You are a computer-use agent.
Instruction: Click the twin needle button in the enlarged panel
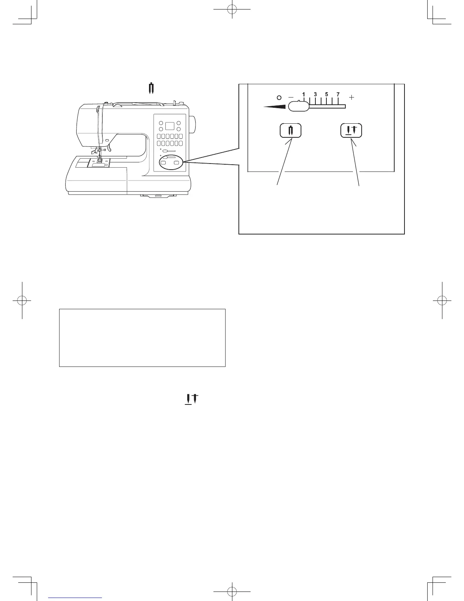point(290,131)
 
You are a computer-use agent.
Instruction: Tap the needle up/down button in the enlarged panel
point(351,131)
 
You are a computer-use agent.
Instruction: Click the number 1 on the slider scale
point(304,94)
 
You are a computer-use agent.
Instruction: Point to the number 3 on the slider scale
point(315,94)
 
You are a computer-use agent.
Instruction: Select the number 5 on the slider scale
point(326,94)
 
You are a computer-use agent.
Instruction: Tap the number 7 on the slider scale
point(338,94)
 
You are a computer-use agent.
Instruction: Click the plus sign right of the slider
point(352,98)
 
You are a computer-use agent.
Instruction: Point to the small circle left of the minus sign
point(279,98)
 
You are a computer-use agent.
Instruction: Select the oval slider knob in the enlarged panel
point(299,107)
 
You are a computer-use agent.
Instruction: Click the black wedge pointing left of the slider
point(276,107)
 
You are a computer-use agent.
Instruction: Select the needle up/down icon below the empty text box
point(193,399)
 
